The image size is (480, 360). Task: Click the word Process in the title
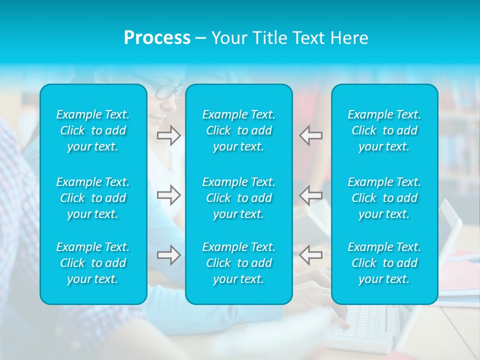coord(157,38)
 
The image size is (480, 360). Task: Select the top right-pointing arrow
coord(169,135)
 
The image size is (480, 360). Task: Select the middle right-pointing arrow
coord(169,194)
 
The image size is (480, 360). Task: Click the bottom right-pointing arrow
coord(169,255)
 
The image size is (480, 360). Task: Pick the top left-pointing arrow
coord(311,135)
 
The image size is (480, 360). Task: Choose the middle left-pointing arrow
coord(311,194)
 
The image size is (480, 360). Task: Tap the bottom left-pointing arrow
coord(311,255)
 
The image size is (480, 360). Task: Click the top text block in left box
coord(93,130)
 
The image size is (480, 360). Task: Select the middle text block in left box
coord(93,198)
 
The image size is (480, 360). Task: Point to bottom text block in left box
coord(93,263)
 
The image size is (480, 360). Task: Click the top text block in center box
coord(239,130)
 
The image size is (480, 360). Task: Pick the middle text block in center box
coord(239,198)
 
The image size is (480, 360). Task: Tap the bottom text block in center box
coord(239,263)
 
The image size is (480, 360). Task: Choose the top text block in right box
coord(384,130)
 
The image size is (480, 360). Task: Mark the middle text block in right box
coord(384,198)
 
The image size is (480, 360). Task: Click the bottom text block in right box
coord(384,263)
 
